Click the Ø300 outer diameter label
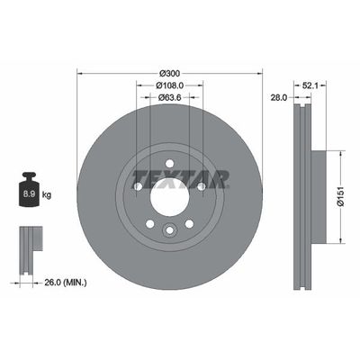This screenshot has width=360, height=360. coord(169,72)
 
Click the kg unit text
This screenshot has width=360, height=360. coord(48,193)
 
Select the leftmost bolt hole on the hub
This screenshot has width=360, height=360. coord(138,187)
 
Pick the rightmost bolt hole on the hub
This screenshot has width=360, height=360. coord(201,187)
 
